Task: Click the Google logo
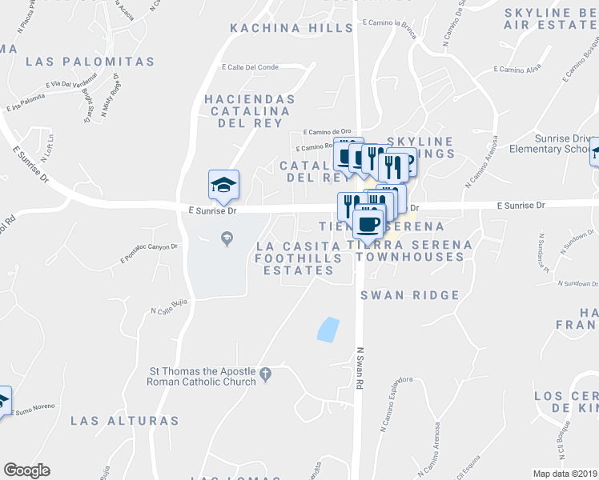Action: [x=26, y=470]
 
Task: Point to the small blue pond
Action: [x=328, y=330]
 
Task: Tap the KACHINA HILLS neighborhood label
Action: [x=291, y=28]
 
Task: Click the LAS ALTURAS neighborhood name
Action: [x=124, y=420]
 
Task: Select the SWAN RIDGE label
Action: [x=410, y=295]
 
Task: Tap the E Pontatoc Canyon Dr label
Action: [x=148, y=251]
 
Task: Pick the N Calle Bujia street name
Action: [x=169, y=310]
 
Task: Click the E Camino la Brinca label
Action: [x=400, y=23]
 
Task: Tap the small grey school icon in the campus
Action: [x=226, y=237]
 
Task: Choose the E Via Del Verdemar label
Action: [x=71, y=82]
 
